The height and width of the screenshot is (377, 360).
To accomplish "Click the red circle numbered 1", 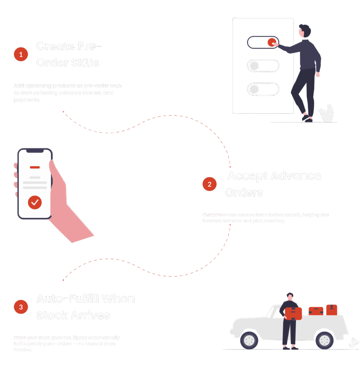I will coord(21,54).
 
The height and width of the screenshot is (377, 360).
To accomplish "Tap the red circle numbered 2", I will coord(209,184).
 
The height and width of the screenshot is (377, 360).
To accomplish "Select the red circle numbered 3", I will coord(21,307).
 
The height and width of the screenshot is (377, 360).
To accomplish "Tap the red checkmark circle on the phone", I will coord(35,202).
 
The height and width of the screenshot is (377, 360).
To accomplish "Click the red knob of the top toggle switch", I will coord(272,43).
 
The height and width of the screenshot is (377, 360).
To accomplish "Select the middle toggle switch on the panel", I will coord(263,66).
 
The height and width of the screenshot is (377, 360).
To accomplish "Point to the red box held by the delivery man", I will coord(293,313).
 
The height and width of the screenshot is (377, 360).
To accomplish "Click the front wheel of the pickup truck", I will coord(249,340).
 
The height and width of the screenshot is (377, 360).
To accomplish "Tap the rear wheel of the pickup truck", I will coord(325,340).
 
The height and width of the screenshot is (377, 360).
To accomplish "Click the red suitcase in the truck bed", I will coord(316,311).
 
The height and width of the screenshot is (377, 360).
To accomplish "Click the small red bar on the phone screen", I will coord(35,167).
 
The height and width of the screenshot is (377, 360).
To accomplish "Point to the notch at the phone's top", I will coord(35,151).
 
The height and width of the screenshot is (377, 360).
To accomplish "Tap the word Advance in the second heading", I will coord(296,176).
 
